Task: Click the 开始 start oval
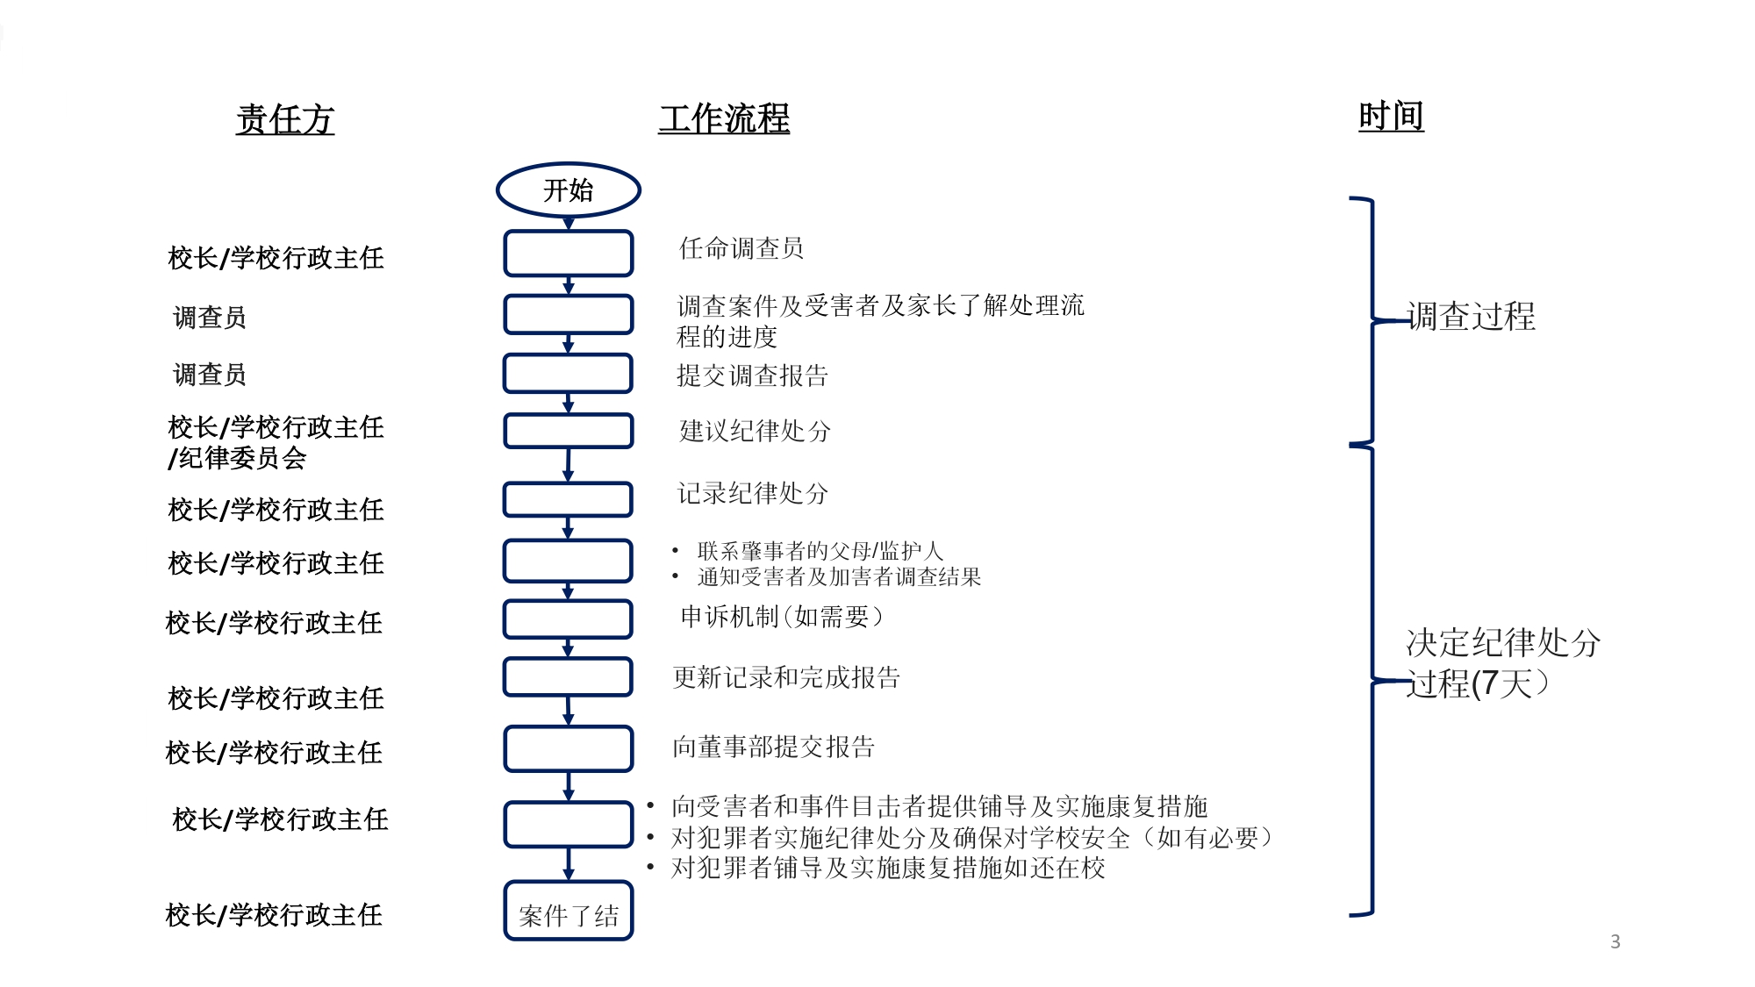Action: pos(568,190)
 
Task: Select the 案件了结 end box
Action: pos(568,912)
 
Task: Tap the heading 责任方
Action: pos(285,119)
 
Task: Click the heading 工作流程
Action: pos(724,119)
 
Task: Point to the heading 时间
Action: pos(1391,117)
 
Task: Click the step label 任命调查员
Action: pos(741,248)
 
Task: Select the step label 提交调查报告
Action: pos(752,375)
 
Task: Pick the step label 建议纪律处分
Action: pos(755,431)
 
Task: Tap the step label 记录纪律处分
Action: pos(752,493)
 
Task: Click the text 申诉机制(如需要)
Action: pos(782,617)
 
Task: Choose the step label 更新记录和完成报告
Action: pos(786,677)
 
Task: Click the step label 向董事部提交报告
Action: pos(773,747)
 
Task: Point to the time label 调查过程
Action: pos(1472,317)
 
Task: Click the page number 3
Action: pos(1615,941)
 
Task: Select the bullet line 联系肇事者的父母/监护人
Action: pos(820,551)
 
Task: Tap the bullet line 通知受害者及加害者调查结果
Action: pos(839,576)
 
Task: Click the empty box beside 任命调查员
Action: pos(568,254)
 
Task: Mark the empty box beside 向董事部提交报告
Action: pos(568,748)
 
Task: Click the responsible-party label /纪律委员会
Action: pos(238,458)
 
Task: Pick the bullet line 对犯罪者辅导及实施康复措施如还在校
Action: pos(887,868)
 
